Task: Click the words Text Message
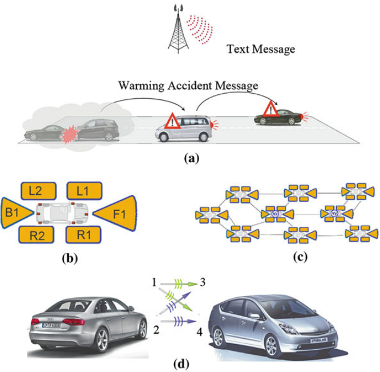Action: click(261, 49)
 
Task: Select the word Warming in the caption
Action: click(139, 86)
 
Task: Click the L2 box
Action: click(38, 191)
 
